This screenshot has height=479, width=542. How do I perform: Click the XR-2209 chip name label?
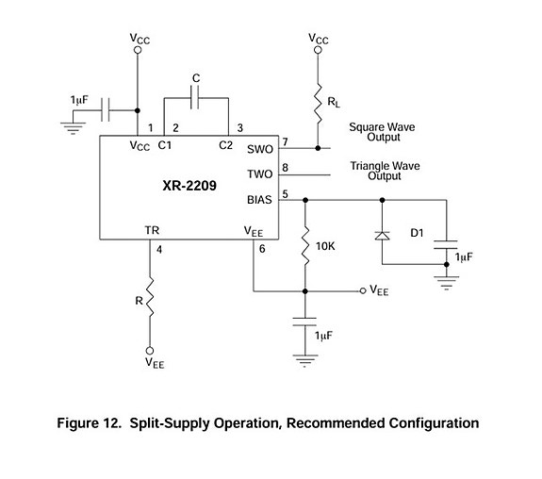(x=189, y=186)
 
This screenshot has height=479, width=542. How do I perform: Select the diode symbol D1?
(x=382, y=236)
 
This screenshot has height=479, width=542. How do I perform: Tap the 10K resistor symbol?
(x=304, y=247)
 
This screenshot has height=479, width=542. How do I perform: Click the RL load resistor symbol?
(x=318, y=103)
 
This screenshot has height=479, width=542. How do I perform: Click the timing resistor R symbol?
(x=150, y=296)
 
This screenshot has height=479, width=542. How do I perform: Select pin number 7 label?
(x=285, y=141)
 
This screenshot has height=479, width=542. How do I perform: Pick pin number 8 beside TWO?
(x=285, y=168)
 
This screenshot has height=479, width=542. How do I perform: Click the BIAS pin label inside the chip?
(x=259, y=200)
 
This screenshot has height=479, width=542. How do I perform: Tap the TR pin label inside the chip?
(x=152, y=230)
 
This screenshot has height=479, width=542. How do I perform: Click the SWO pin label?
(x=260, y=149)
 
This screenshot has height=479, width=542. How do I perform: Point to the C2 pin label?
(x=225, y=145)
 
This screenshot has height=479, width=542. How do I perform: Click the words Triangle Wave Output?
(x=385, y=171)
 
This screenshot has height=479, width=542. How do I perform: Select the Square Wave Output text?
(x=382, y=132)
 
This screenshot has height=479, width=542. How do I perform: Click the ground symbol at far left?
(x=73, y=127)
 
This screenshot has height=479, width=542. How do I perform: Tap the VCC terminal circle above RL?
(x=318, y=50)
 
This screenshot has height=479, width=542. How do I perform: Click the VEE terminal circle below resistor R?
(x=150, y=351)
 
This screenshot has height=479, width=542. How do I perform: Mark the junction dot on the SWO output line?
(x=318, y=148)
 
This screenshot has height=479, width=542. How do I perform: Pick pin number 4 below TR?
(x=159, y=249)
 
